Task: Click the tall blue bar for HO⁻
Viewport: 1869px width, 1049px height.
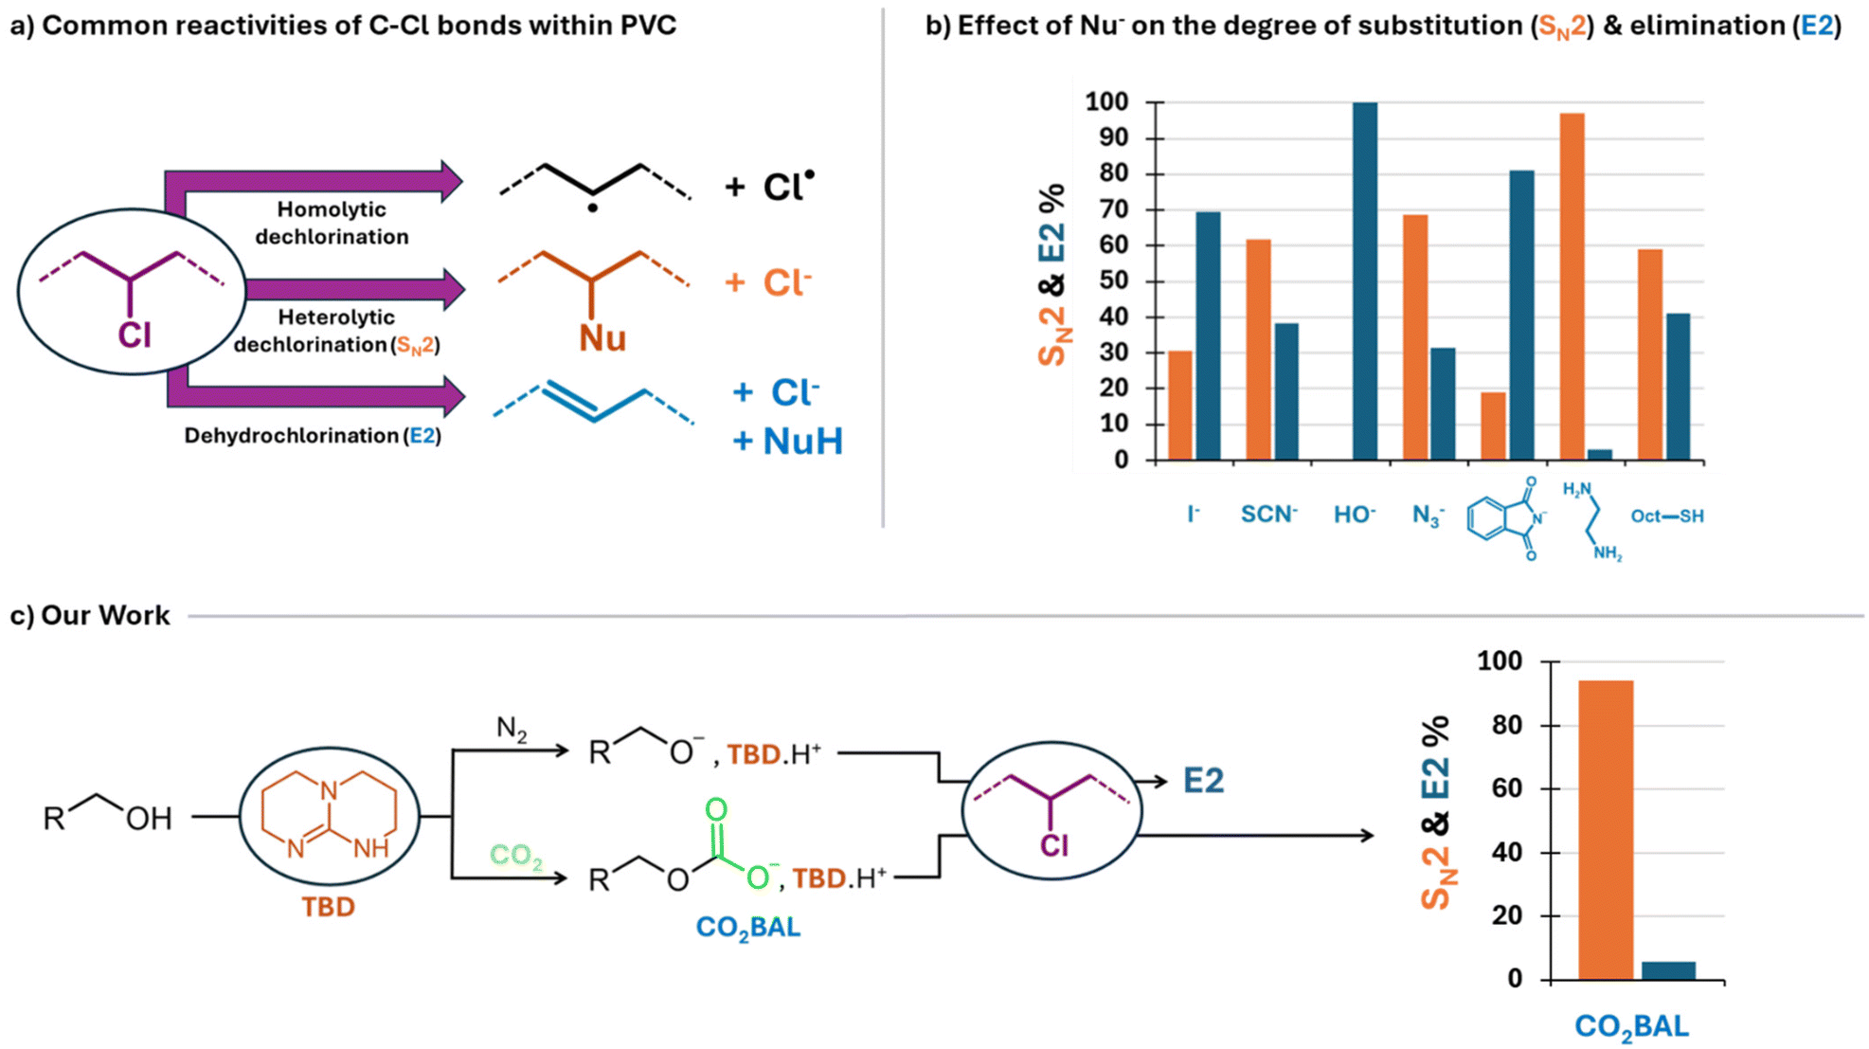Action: click(1365, 281)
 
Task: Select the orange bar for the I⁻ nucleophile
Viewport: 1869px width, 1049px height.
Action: click(1180, 406)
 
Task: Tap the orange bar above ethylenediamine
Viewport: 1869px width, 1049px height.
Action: click(1572, 287)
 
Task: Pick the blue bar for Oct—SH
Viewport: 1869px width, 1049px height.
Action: click(1678, 387)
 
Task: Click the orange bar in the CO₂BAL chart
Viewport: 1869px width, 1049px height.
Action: click(1606, 830)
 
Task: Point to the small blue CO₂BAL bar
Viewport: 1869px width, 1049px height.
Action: click(1669, 971)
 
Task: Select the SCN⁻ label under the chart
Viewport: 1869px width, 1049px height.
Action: click(1269, 514)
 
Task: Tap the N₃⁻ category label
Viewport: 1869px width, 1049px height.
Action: click(1428, 515)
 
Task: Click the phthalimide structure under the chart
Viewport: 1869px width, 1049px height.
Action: click(1506, 518)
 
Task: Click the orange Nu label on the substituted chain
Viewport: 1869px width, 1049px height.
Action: click(602, 338)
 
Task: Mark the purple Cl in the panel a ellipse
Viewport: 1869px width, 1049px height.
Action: click(135, 335)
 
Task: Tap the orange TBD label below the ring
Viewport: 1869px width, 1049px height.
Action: click(328, 907)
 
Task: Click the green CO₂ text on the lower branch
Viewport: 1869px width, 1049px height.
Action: click(516, 856)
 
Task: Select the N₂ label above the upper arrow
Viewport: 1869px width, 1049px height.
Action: click(512, 730)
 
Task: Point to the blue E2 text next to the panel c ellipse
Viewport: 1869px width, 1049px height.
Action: click(1204, 781)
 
